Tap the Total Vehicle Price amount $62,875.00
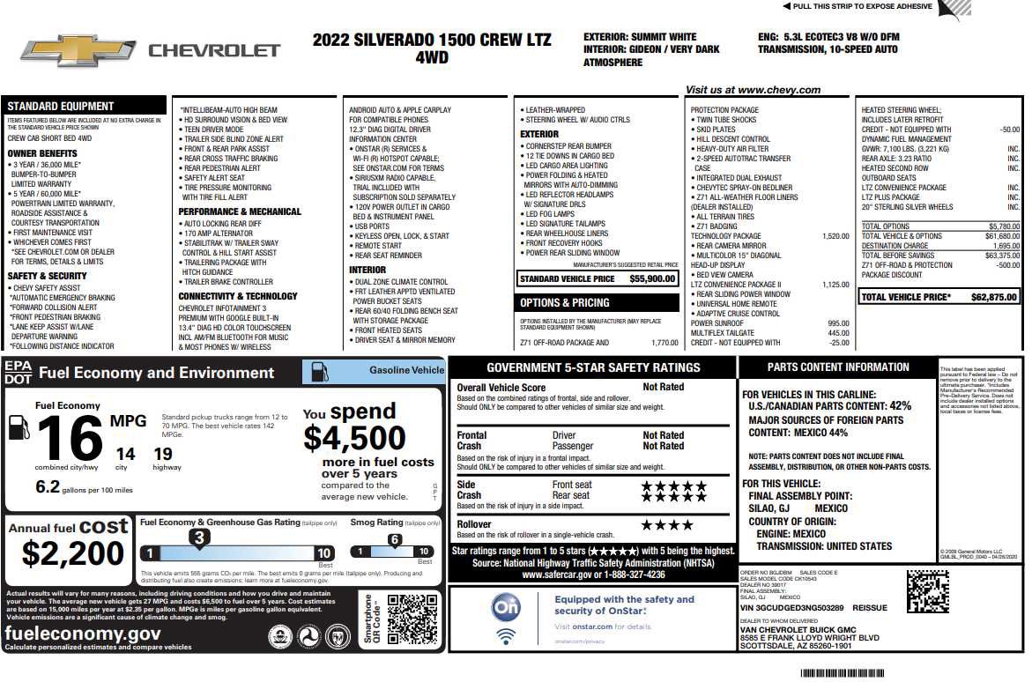(993, 298)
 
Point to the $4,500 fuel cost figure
(354, 438)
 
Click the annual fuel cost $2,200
(73, 553)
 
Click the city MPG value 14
(125, 454)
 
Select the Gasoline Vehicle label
(406, 370)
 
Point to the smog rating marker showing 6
(395, 539)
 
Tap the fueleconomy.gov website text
(84, 634)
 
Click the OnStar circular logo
(505, 608)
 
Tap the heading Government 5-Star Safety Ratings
(593, 368)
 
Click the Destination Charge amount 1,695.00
(1000, 246)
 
